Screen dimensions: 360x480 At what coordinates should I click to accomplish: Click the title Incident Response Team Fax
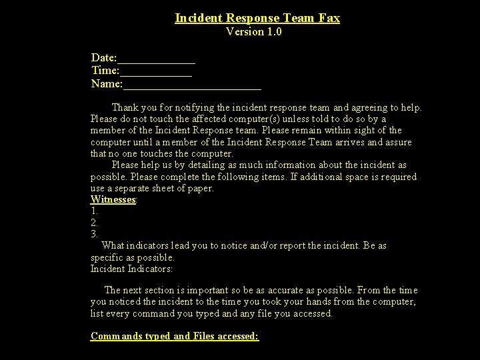pos(257,18)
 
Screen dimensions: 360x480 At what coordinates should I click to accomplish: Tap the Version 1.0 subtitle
pos(254,31)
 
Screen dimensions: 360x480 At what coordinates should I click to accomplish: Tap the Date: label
pos(104,59)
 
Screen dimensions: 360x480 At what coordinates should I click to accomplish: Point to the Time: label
pos(105,71)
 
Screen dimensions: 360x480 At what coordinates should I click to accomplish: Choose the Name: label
pos(107,83)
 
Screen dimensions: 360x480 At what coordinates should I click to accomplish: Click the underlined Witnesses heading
pos(113,199)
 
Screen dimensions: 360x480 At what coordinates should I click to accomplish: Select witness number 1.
pos(94,211)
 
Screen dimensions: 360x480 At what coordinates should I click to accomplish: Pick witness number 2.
pos(94,223)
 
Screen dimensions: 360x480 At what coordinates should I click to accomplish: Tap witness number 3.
pos(94,234)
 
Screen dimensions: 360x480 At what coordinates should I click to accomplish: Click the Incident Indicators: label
pos(131,269)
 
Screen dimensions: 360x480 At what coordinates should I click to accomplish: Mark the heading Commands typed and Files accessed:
pos(175,336)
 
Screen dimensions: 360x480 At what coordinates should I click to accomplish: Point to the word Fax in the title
pos(329,18)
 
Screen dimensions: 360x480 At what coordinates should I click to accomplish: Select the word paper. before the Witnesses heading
pos(201,188)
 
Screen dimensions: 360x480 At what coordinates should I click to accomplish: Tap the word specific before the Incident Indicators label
pos(107,257)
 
